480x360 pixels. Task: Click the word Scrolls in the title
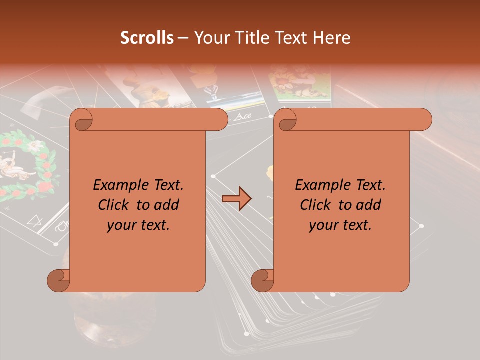coord(147,38)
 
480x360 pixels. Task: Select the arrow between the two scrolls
coord(236,199)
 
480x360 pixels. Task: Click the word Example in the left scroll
coord(117,185)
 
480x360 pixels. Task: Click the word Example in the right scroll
coord(319,185)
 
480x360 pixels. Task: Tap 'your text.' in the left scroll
coord(138,225)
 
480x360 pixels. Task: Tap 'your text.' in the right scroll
coord(340,225)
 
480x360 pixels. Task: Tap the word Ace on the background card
coord(242,116)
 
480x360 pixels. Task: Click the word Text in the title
coord(291,38)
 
